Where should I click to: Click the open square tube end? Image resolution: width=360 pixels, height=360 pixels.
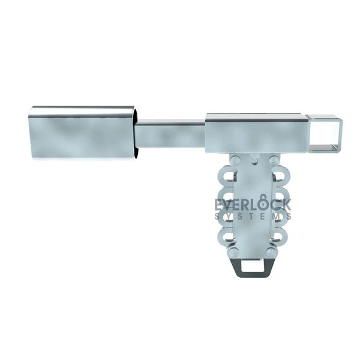pos(324,135)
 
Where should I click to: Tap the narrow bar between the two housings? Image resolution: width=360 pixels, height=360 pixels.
pos(170,135)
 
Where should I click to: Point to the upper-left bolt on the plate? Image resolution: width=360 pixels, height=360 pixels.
pos(235,160)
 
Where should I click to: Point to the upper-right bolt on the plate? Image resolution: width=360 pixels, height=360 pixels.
pos(274,160)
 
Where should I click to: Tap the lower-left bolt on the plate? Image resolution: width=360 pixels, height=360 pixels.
pos(235,253)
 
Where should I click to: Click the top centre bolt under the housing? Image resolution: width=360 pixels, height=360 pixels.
pos(254,158)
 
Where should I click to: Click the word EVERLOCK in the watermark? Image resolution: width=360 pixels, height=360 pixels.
pos(253,205)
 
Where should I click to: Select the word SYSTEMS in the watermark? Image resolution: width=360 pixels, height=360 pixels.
pos(253,217)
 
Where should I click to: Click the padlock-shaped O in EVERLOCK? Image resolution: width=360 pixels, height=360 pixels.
pos(264,204)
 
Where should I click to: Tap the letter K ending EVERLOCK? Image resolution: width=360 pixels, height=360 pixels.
pos(287,205)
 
